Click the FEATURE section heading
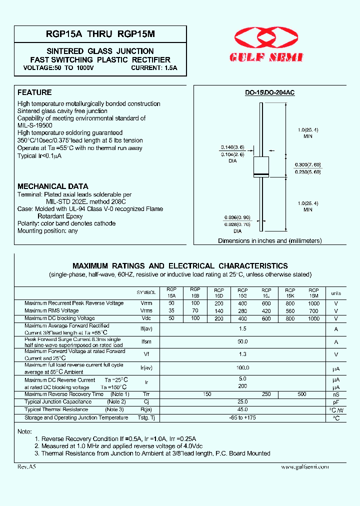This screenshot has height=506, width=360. click(34, 92)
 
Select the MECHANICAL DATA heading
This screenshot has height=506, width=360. click(52, 186)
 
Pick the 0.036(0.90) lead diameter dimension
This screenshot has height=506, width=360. click(236, 217)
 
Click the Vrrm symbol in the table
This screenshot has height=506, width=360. click(146, 303)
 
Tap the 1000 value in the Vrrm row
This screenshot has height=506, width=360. click(313, 303)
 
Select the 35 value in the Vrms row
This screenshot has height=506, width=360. click(171, 310)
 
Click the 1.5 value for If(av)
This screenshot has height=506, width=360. click(243, 329)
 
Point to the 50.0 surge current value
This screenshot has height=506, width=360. click(243, 342)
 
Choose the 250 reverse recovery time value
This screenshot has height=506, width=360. click(266, 394)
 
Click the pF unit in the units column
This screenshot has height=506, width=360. click(336, 402)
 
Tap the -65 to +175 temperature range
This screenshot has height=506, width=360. click(243, 417)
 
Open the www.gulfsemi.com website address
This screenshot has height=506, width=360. click(305, 466)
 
